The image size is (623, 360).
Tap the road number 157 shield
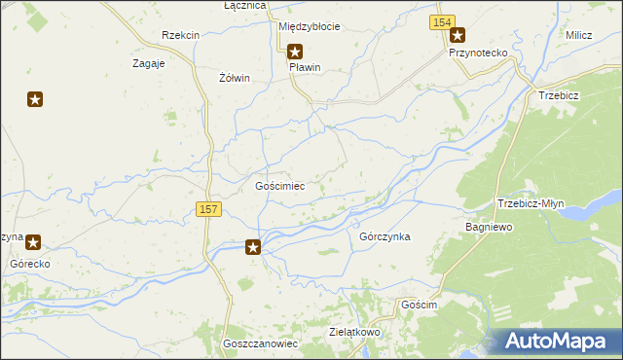208,209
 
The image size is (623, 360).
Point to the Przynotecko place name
479,53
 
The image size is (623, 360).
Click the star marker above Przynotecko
457,35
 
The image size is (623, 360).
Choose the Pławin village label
305,68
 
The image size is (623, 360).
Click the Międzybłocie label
309,26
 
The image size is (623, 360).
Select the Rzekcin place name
181,35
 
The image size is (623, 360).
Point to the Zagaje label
148,63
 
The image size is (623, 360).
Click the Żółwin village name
235,78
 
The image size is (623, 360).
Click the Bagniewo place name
489,227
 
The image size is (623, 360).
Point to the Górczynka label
385,236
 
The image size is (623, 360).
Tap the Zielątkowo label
354,332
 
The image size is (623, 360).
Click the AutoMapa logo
557,342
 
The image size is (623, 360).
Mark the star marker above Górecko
32,243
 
